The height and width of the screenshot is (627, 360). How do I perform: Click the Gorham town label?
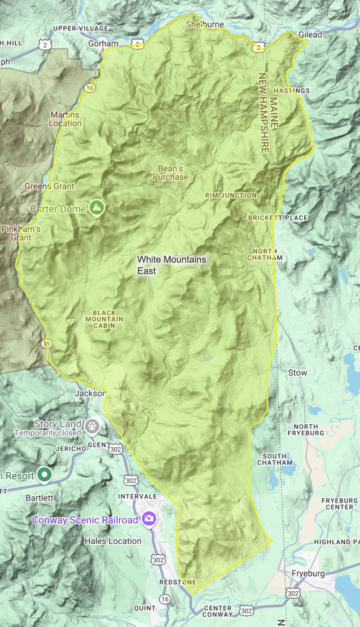tap(103, 44)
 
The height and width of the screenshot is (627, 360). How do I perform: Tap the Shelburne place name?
tap(205, 24)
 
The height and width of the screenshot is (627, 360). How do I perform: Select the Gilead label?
tap(310, 35)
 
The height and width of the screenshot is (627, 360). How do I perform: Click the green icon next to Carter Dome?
tap(97, 207)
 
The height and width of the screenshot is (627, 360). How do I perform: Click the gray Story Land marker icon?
tap(92, 427)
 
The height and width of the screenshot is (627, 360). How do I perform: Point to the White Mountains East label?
tap(171, 265)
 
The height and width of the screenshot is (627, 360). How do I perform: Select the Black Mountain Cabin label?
tap(104, 319)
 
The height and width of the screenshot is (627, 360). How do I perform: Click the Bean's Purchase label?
tap(170, 173)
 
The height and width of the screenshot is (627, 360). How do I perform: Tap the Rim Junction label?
tap(231, 196)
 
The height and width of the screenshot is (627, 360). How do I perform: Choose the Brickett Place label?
tap(278, 218)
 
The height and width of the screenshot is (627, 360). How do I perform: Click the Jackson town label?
tap(90, 394)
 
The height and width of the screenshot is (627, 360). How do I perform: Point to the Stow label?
tap(297, 373)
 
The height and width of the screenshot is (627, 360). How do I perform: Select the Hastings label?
tap(291, 91)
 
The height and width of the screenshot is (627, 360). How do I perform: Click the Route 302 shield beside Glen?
tap(116, 449)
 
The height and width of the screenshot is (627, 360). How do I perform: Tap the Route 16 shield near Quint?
tap(164, 599)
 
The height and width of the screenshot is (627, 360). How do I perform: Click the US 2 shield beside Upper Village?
tap(45, 45)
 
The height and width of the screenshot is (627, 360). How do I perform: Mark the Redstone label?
tap(178, 582)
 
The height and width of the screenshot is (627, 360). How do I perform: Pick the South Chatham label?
tap(275, 459)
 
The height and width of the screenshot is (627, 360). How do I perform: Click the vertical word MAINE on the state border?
tap(273, 113)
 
